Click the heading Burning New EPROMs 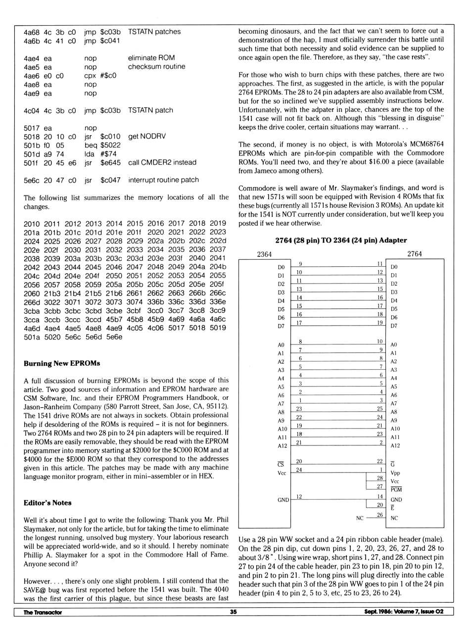62,363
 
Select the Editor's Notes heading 47,503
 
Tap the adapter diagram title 341,241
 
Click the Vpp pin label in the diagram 395,473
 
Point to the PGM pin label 396,490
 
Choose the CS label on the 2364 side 281,464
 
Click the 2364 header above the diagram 264,254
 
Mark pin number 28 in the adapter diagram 380,478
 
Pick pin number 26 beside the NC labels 380,515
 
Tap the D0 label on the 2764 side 394,267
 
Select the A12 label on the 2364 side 282,446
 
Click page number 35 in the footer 233,612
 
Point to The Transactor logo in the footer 43,612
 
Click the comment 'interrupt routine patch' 163,180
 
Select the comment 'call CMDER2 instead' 162,162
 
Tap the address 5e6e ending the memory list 114,337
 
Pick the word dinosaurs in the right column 279,31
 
